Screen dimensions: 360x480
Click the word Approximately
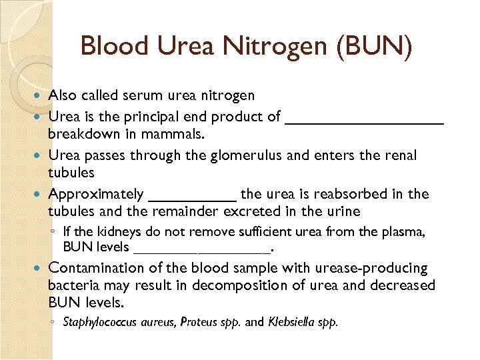pos(95,195)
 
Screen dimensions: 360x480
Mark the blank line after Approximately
pos(192,199)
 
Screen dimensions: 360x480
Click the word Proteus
pos(196,323)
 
